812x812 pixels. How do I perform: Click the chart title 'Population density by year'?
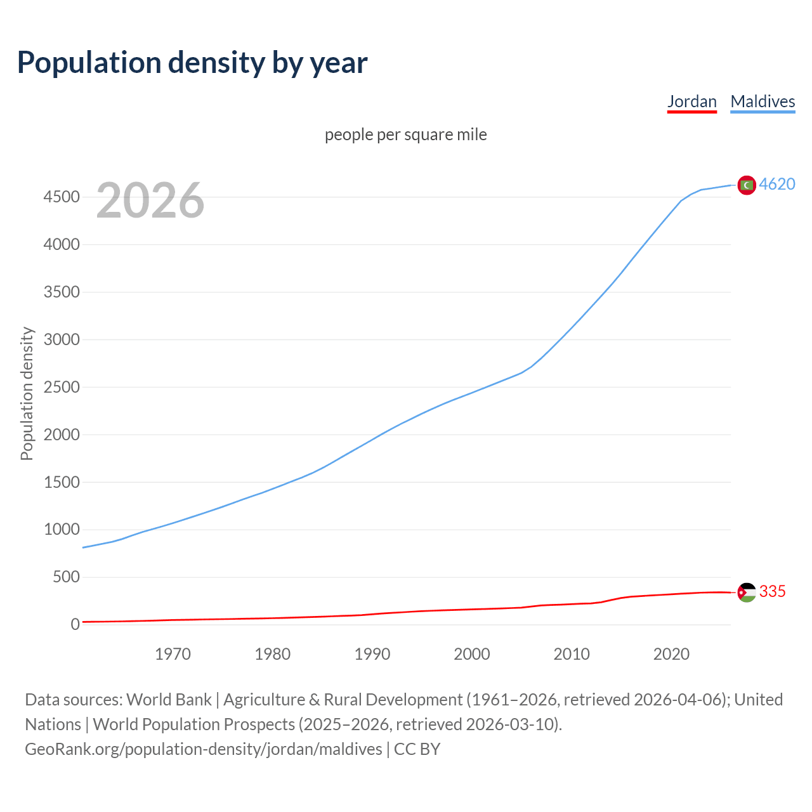tap(192, 63)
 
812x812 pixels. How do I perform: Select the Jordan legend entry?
tap(691, 101)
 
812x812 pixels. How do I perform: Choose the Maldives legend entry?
tap(763, 101)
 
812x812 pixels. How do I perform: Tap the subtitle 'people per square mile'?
tap(406, 134)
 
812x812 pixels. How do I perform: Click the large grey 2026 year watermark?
tap(150, 200)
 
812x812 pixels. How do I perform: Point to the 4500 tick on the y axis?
tap(62, 197)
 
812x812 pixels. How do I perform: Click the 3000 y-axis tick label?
tap(62, 339)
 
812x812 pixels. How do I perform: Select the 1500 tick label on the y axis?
tap(62, 482)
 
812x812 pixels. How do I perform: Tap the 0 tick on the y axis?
tap(75, 625)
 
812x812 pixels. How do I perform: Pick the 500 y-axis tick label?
tap(65, 577)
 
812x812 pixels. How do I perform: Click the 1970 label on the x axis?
tap(173, 654)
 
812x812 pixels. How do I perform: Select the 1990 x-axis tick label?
tap(372, 654)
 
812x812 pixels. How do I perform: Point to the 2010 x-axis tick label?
tap(572, 654)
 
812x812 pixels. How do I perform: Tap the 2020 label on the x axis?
tap(671, 654)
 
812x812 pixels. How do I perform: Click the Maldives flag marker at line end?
tap(747, 185)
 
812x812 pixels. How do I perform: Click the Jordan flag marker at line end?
tap(747, 592)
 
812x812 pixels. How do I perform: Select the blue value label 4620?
tap(777, 184)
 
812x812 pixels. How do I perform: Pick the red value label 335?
tap(772, 591)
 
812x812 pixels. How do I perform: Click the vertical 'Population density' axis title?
tap(27, 393)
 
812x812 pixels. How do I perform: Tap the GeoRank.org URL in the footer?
tap(204, 749)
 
